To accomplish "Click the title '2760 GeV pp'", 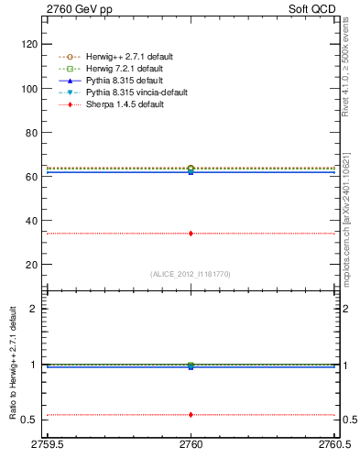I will [x=74, y=9].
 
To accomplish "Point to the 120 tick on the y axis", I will [x=30, y=44].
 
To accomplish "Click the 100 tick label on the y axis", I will [x=30, y=89].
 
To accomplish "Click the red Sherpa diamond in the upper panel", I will [x=191, y=234].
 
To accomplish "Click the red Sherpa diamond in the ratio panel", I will [x=191, y=414].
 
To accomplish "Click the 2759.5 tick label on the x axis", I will [x=47, y=446].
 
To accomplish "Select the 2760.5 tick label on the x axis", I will [x=333, y=446].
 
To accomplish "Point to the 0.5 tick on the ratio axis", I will [x=31, y=420].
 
